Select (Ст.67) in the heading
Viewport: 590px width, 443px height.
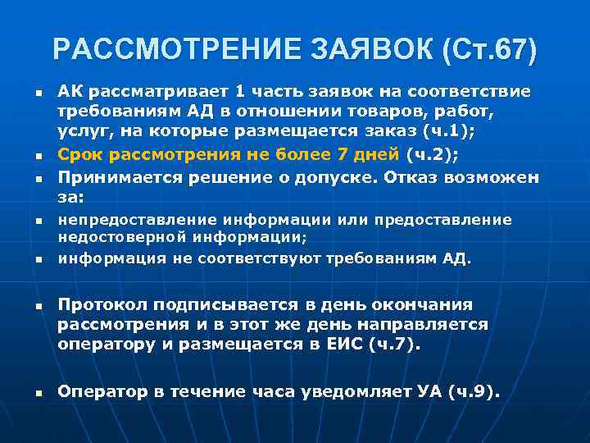490,50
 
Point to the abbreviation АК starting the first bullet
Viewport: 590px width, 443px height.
70,91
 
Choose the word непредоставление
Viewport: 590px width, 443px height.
135,220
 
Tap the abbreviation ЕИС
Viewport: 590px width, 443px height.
360,345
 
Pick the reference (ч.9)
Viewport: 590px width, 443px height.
474,391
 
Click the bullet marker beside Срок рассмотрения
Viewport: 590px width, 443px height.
38,154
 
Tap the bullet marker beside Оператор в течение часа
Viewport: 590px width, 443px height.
38,393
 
